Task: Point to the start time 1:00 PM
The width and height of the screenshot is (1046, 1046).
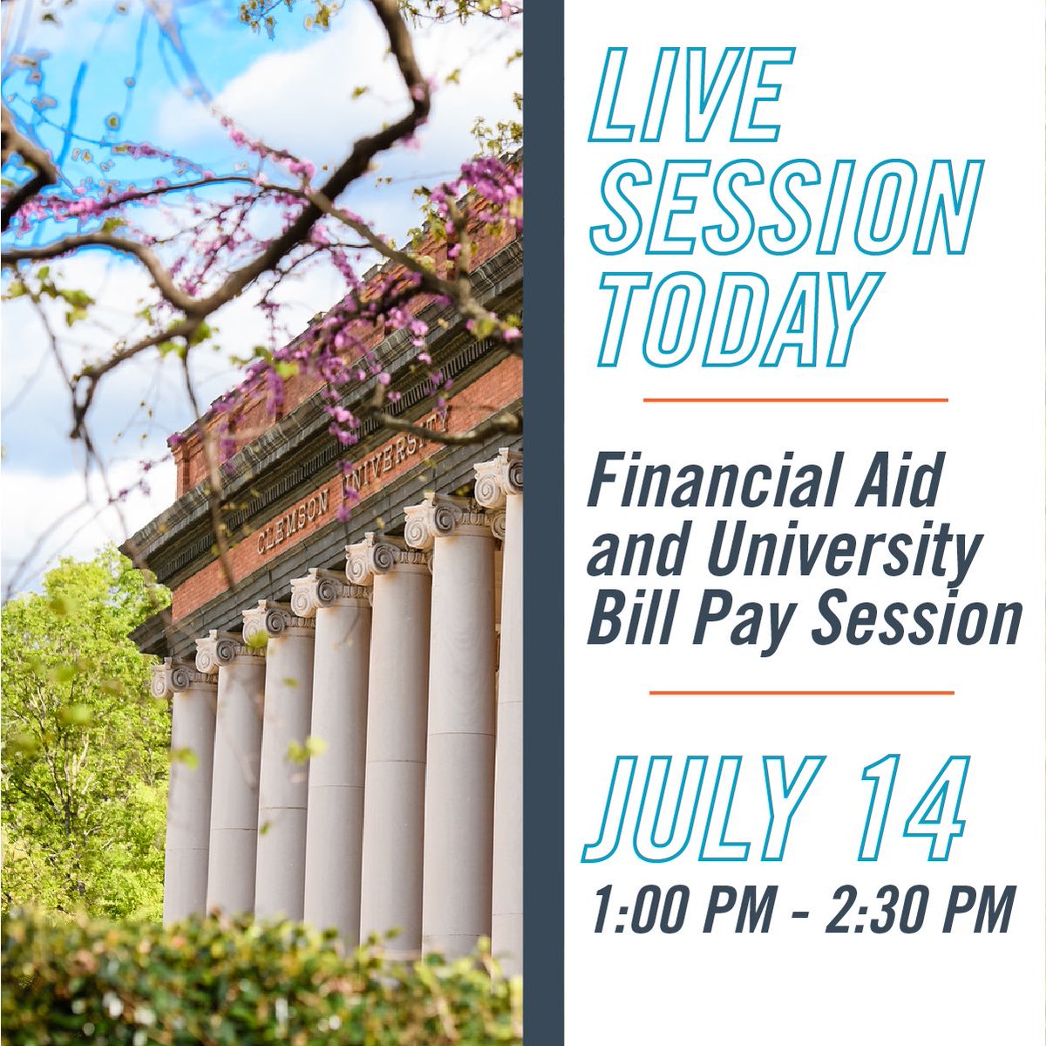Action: coord(684,910)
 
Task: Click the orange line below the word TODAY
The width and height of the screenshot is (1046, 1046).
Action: coord(795,400)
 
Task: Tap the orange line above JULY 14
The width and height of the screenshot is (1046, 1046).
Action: coord(801,693)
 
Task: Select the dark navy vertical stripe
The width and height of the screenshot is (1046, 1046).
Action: coord(543,523)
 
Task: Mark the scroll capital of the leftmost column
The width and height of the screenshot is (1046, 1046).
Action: coord(172,678)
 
